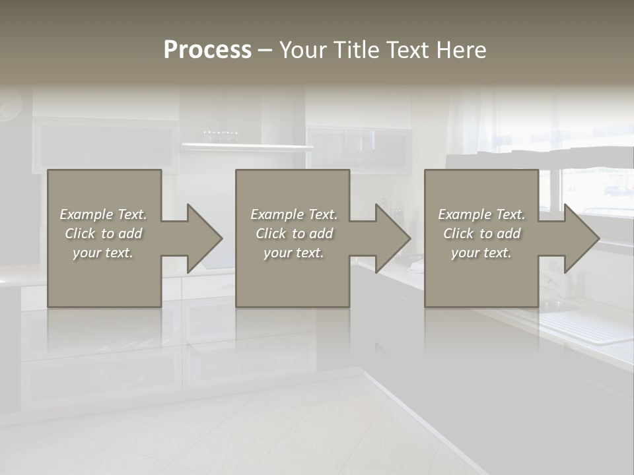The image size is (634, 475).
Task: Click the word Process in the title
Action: click(x=207, y=50)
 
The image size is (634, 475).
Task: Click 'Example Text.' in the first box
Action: click(x=103, y=214)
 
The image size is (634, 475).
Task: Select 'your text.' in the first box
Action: click(x=103, y=253)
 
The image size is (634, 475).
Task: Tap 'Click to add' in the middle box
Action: click(x=294, y=234)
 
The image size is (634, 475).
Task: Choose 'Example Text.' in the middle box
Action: click(x=294, y=214)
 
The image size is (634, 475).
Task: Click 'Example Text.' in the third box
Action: click(x=481, y=214)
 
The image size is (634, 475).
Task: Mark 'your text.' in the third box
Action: click(x=481, y=253)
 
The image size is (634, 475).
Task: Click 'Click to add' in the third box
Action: click(x=481, y=234)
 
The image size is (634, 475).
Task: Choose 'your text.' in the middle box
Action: click(x=294, y=253)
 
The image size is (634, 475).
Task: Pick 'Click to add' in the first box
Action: click(x=103, y=234)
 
